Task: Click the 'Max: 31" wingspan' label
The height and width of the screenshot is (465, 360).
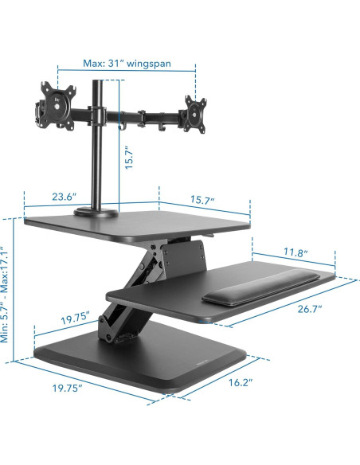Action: click(x=127, y=63)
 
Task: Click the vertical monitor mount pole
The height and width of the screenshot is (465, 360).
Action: click(x=100, y=159)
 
